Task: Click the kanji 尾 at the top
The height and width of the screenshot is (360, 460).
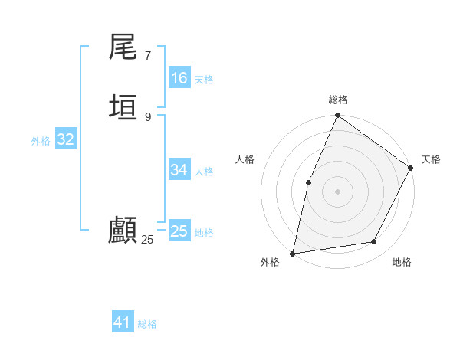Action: (123, 48)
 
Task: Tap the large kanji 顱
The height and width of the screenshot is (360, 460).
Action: (123, 230)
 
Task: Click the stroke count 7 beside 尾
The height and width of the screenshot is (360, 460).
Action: (147, 56)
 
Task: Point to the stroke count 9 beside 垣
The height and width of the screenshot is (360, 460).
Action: (147, 116)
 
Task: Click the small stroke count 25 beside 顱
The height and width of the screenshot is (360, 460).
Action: (147, 240)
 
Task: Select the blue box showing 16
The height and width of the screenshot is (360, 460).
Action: (179, 78)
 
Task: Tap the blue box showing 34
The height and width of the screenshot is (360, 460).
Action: (179, 170)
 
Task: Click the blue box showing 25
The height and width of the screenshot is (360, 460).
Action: (179, 231)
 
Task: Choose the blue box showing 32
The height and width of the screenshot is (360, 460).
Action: (65, 139)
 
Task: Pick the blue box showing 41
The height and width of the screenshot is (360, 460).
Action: (123, 322)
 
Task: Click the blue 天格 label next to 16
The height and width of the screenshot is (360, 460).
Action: (203, 80)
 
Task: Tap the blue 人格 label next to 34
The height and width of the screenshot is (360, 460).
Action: (203, 172)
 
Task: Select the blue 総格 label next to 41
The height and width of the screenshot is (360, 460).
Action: (147, 324)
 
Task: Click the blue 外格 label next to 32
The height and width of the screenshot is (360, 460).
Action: (41, 141)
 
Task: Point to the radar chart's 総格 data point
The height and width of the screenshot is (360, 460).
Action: (337, 116)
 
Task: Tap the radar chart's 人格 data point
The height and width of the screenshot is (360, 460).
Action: (308, 182)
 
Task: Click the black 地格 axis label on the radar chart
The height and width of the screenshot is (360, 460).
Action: (402, 262)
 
